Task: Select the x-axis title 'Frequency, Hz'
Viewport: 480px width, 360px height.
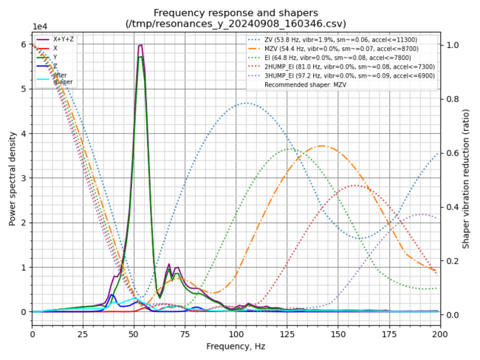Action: tap(236, 346)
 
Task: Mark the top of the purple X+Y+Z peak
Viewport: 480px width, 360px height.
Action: tap(140, 45)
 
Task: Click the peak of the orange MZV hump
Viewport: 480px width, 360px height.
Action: tap(322, 146)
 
